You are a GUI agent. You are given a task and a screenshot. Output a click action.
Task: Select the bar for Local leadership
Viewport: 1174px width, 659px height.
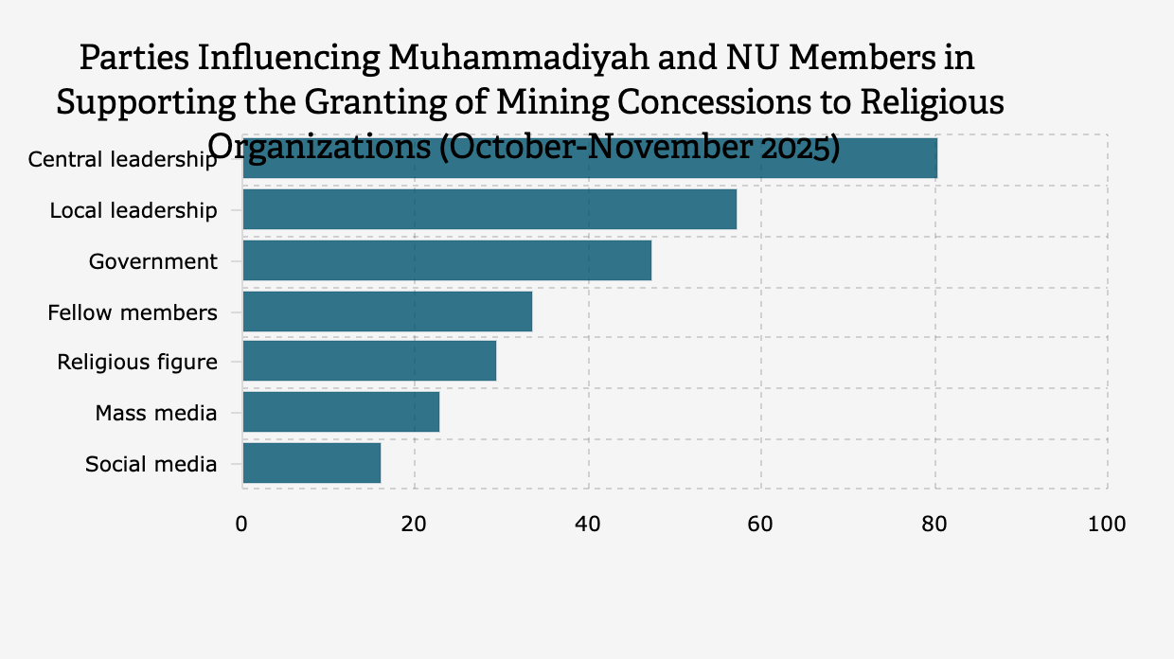click(489, 209)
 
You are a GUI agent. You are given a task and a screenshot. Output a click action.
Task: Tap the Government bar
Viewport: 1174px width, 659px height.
click(447, 260)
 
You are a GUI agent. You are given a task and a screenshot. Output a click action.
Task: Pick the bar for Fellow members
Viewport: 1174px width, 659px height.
click(387, 312)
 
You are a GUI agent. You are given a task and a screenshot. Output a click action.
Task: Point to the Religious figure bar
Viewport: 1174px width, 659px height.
click(369, 362)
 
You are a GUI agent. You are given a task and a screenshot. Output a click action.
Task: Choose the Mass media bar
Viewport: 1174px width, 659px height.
click(341, 413)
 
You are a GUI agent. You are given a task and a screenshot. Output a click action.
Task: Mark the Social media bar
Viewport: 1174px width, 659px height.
click(311, 464)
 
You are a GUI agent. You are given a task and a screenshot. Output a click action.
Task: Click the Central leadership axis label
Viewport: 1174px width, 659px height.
click(122, 159)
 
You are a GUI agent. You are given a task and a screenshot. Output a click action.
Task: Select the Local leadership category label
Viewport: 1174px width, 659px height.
click(133, 210)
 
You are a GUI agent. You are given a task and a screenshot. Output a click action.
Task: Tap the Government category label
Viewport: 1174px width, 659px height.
click(153, 261)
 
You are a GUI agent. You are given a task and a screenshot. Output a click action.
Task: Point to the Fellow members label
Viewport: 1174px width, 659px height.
click(133, 312)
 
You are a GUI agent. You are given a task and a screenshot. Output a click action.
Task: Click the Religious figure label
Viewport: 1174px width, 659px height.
click(137, 363)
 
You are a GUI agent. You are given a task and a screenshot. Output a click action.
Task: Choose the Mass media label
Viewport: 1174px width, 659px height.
click(156, 414)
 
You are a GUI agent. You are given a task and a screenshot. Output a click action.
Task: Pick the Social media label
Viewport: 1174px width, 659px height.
click(151, 465)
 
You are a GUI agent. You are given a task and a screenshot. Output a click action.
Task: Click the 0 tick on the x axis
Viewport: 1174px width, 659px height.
click(242, 525)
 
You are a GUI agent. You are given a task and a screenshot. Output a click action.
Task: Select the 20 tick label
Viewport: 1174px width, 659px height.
click(415, 525)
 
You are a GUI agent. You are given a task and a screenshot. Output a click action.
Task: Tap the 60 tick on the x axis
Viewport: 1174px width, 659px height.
click(761, 525)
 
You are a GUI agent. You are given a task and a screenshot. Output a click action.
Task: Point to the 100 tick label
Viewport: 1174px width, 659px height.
click(1107, 525)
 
